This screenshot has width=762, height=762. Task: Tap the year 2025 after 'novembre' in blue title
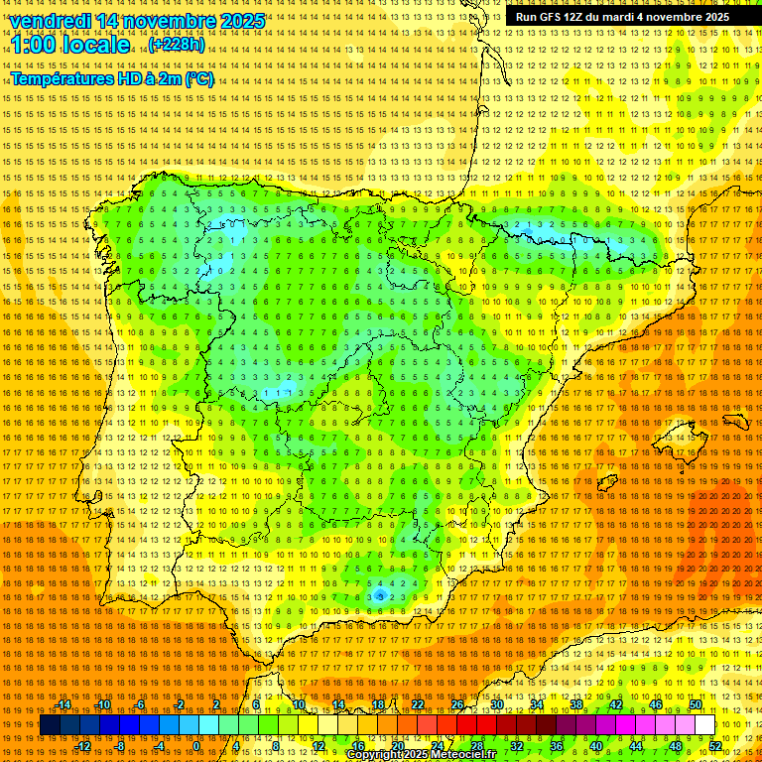click(x=241, y=21)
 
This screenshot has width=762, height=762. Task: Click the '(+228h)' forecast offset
click(x=176, y=45)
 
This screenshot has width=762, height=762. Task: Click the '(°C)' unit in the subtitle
click(x=197, y=79)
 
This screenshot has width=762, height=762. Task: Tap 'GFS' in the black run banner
click(x=554, y=17)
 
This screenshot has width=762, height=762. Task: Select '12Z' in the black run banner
click(x=579, y=17)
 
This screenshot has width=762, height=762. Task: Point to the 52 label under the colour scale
click(x=714, y=745)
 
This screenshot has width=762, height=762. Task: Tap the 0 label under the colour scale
click(x=196, y=745)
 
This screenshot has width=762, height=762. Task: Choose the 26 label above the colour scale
click(x=457, y=704)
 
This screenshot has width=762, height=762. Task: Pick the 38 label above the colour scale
click(x=575, y=704)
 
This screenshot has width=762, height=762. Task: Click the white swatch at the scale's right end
click(x=704, y=725)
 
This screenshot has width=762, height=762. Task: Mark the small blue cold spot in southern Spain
click(x=380, y=595)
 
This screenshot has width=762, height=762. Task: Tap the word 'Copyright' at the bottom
click(x=377, y=755)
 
